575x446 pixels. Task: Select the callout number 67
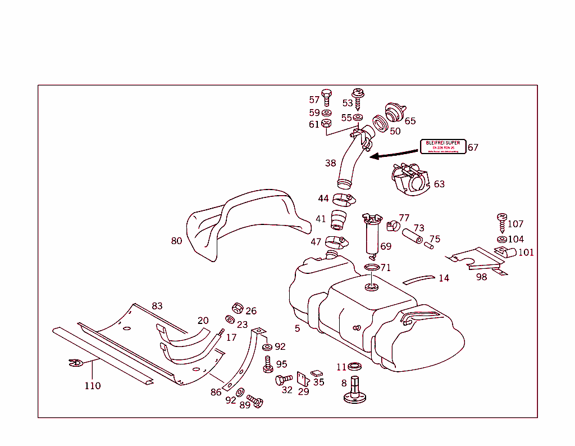pos(473,147)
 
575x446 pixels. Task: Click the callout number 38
pos(331,163)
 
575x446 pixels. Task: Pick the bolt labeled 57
pos(327,97)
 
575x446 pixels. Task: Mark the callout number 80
pos(176,241)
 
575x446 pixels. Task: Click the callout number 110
pos(93,386)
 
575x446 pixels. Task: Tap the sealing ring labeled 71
pos(371,267)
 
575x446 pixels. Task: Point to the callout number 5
pos(297,328)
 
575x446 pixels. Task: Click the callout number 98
pos(481,277)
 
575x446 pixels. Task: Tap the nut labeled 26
pos(237,308)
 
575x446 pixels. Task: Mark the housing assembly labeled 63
pos(411,180)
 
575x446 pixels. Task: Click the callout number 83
pos(157,306)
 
